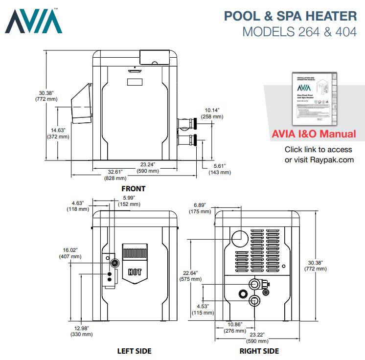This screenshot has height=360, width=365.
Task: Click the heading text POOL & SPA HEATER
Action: point(290,16)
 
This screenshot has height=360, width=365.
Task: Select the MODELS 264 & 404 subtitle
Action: point(299,32)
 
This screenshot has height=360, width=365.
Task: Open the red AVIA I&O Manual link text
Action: point(314,134)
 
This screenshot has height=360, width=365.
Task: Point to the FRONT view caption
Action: point(133,188)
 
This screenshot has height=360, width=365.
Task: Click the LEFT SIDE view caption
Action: point(134,351)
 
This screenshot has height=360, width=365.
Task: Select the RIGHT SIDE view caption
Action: point(259,351)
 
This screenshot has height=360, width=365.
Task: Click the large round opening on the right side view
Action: point(240,238)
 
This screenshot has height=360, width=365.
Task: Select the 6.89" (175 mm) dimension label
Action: point(201,208)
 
